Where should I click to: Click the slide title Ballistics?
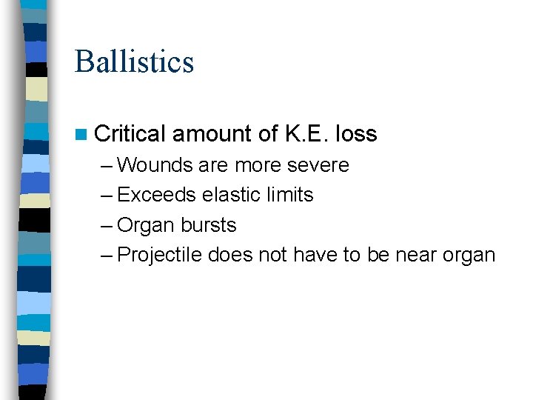pyautogui.click(x=134, y=61)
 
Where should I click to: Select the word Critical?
pyautogui.click(x=130, y=134)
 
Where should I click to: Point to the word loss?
pyautogui.click(x=356, y=134)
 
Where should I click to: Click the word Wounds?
pyautogui.click(x=155, y=164)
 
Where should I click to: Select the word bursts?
pyautogui.click(x=209, y=225)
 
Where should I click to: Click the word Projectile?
pyautogui.click(x=160, y=255)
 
